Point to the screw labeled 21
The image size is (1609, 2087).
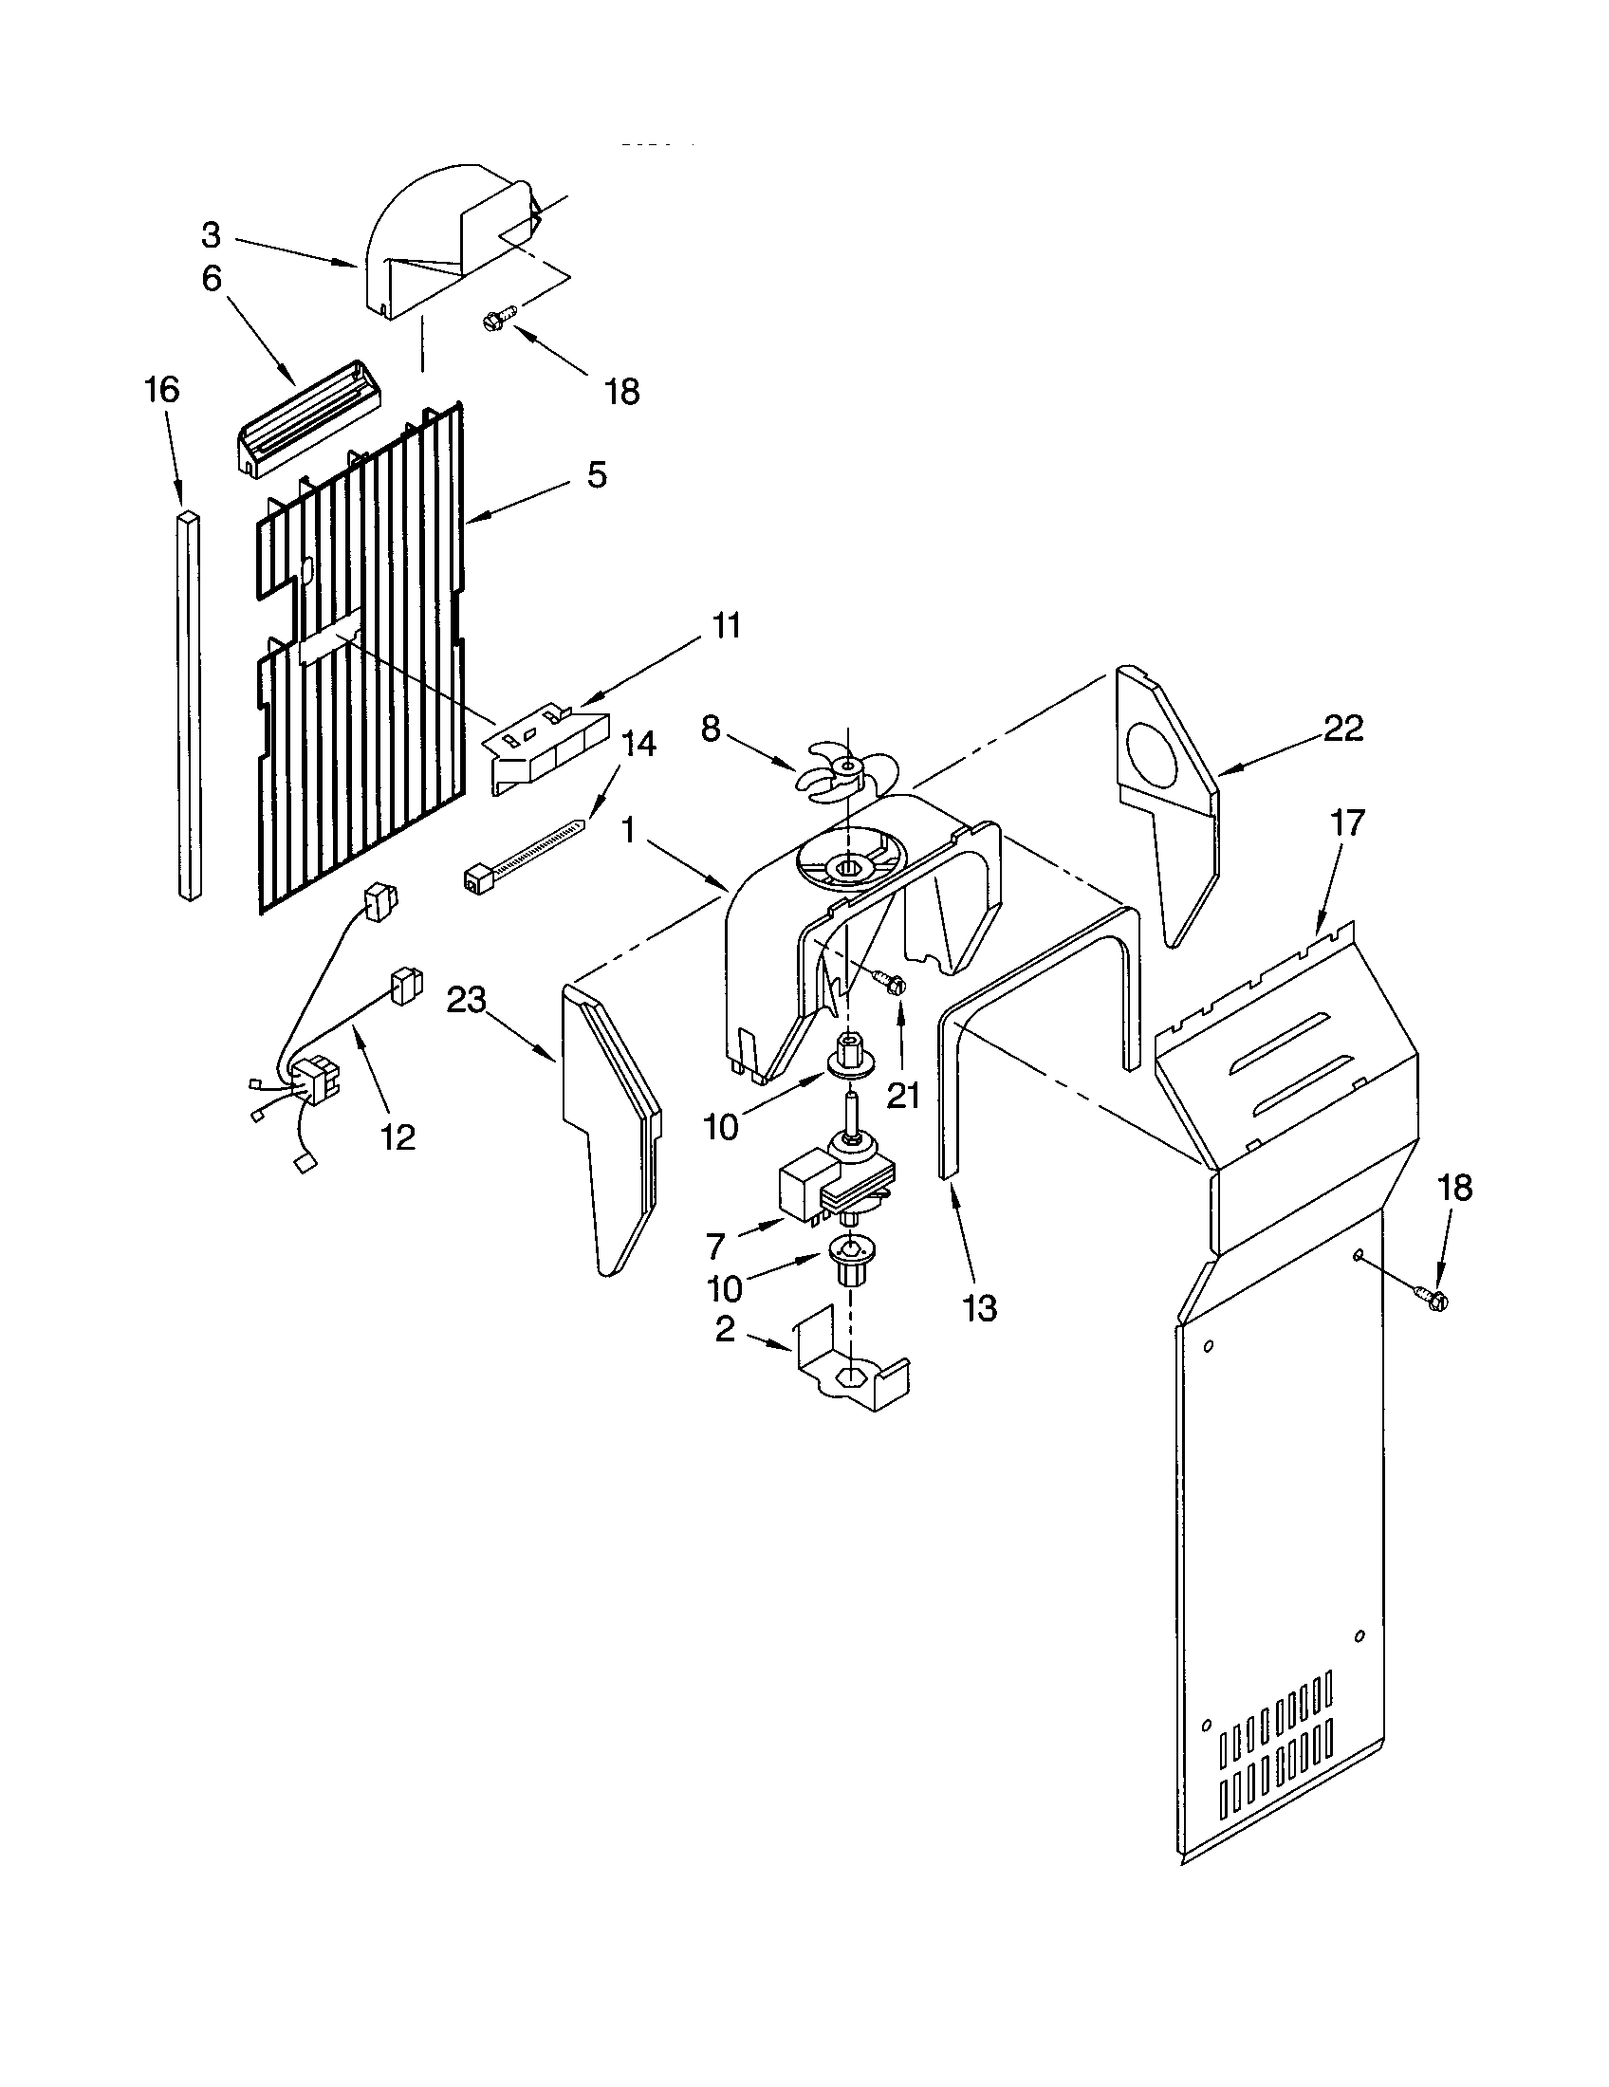[x=889, y=980]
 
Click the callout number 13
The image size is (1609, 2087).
[x=979, y=1307]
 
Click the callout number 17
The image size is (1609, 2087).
[x=1347, y=822]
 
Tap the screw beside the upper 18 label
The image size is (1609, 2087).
[x=499, y=318]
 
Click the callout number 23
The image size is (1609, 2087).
[x=467, y=1001]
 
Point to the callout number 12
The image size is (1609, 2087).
[x=398, y=1137]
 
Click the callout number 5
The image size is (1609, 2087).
[x=596, y=475]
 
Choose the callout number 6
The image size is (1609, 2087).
[x=212, y=278]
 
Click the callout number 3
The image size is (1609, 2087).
[x=212, y=234]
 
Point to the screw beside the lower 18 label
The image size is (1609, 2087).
[x=1430, y=1298]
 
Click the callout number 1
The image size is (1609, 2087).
[x=628, y=830]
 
